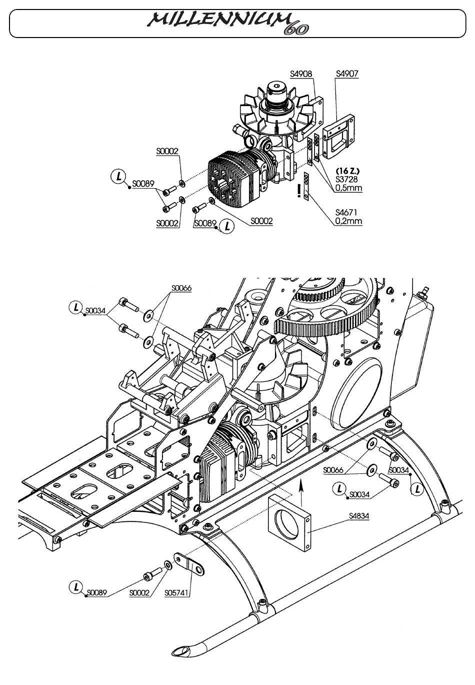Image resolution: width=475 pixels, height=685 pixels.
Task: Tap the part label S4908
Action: (x=301, y=74)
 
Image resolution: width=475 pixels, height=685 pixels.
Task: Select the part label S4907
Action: (x=347, y=74)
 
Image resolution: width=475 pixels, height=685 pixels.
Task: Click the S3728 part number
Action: (x=346, y=179)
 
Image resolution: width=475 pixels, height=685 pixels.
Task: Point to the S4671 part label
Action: (x=346, y=212)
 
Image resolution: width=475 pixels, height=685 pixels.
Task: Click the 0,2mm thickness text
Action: (x=348, y=221)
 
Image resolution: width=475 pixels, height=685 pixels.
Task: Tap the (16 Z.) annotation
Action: (x=347, y=171)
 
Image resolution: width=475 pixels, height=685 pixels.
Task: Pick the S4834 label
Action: (x=359, y=516)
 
